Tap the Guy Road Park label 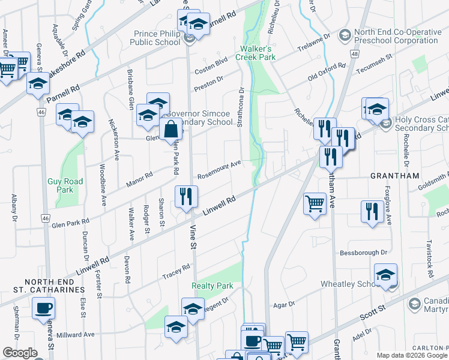click(60, 185)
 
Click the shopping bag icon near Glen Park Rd click(171, 128)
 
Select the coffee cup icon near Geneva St click(44, 309)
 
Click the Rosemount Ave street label click(219, 170)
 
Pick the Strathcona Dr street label click(241, 108)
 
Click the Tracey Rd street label click(176, 273)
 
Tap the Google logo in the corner click(20, 352)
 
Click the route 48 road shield click(355, 54)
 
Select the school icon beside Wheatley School click(385, 275)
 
